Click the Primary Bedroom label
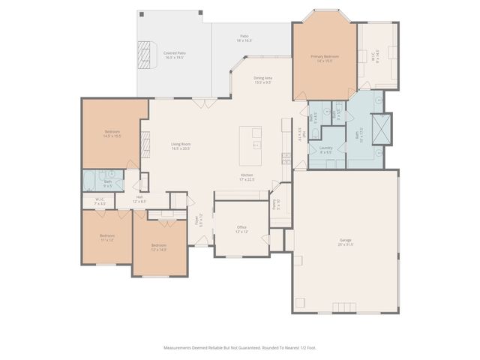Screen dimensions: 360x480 click(325, 58)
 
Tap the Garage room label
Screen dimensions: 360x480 click(345, 242)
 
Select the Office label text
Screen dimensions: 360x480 click(241, 229)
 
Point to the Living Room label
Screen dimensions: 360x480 click(181, 146)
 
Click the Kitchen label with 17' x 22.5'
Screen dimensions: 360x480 click(247, 178)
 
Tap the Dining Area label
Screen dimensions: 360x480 click(262, 79)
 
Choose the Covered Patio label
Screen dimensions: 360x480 click(175, 55)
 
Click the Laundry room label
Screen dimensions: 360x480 click(325, 150)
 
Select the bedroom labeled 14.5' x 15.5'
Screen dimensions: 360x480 click(112, 133)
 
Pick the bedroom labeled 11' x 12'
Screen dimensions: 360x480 click(106, 238)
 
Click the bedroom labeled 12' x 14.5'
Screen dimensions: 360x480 click(158, 247)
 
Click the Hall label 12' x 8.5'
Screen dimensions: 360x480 click(139, 199)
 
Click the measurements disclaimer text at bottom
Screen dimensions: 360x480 click(239, 347)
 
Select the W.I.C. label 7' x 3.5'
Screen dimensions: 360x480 click(100, 201)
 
